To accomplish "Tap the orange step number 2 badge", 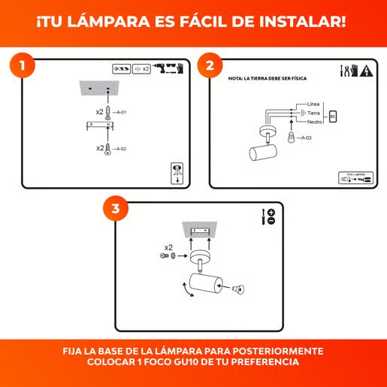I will point(210,65).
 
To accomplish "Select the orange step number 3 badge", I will point(115,210).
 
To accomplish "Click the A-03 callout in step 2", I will point(305,138).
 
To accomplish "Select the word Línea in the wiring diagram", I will point(314,104).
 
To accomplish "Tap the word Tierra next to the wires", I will point(316,113).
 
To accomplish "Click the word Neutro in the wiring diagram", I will point(316,122).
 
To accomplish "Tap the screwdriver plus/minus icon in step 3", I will point(268,216).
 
